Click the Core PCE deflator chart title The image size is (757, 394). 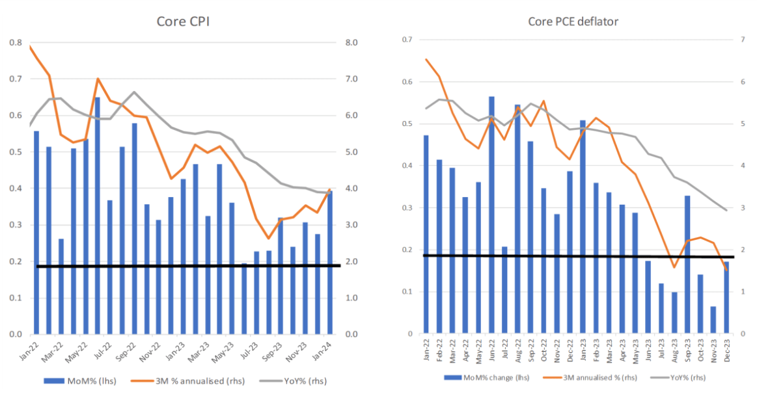[x=573, y=22]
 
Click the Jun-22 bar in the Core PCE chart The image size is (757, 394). [x=491, y=215]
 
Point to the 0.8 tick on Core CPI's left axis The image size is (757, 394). [x=15, y=43]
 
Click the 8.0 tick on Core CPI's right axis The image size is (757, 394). [x=351, y=43]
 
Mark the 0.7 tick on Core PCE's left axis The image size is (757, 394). [x=408, y=40]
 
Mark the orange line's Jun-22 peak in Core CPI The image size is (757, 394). [x=98, y=79]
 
